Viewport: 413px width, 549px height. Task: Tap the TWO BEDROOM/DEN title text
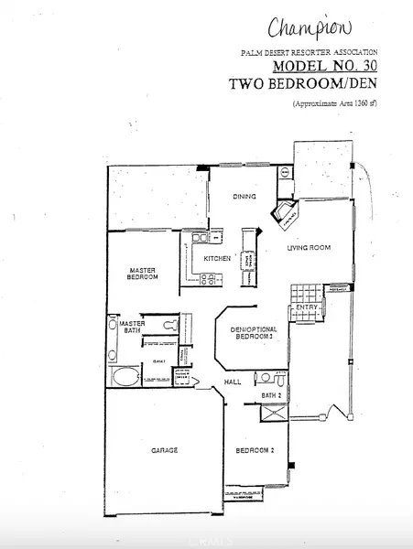point(303,83)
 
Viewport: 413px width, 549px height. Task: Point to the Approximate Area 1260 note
point(334,104)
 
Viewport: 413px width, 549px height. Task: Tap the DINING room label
point(243,196)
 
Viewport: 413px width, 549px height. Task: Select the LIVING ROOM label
point(308,248)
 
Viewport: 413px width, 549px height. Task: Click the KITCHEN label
point(217,259)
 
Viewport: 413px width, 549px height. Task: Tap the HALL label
point(233,382)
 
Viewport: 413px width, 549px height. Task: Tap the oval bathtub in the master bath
point(122,377)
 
